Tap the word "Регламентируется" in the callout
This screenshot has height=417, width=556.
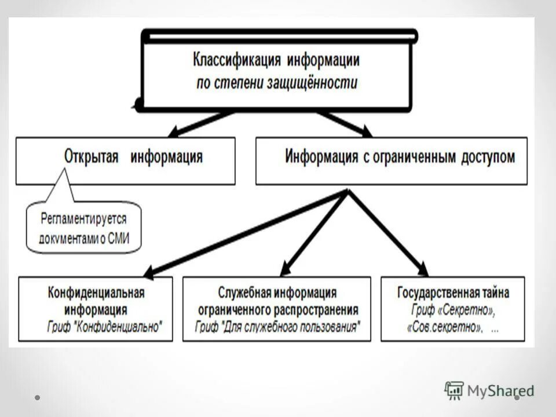click(83, 220)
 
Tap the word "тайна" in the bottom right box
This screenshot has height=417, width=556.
click(496, 292)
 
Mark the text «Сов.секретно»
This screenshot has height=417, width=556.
click(445, 327)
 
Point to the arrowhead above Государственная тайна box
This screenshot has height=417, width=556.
click(423, 269)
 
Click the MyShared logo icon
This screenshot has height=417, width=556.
click(454, 391)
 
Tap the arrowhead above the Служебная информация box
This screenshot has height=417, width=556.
click(284, 269)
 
